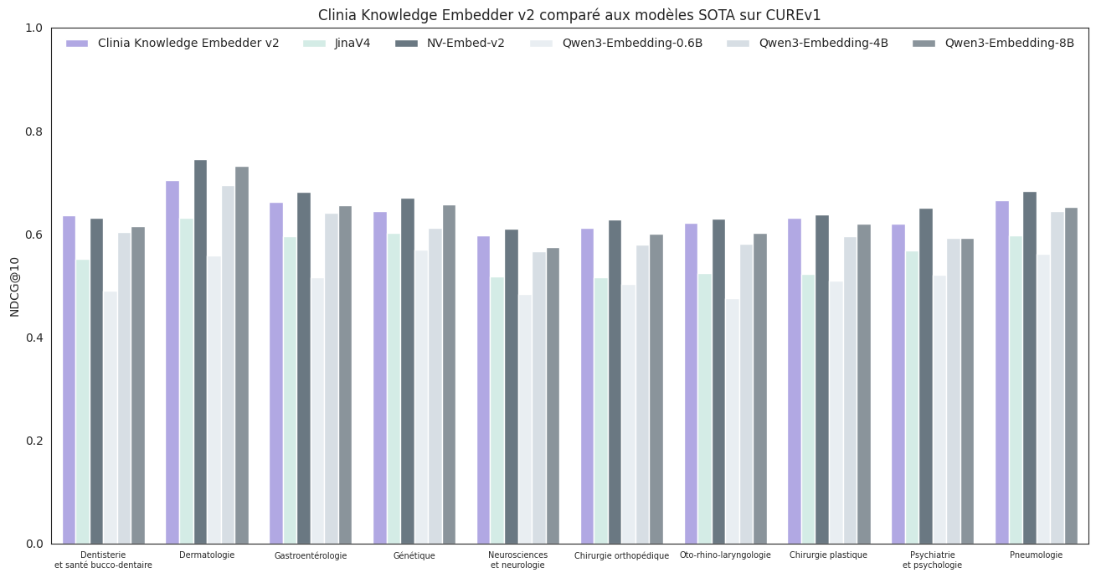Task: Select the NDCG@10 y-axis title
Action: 14,286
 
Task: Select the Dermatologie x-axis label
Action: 207,555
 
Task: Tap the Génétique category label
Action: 414,555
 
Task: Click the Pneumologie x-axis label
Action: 1036,555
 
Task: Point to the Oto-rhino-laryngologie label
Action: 725,555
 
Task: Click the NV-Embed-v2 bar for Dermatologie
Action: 200,352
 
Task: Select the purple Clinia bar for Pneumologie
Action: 1002,372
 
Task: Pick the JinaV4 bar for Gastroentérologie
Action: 290,390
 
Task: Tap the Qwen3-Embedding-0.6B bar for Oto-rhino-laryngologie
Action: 732,421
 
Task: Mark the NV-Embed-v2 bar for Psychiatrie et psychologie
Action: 926,376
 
